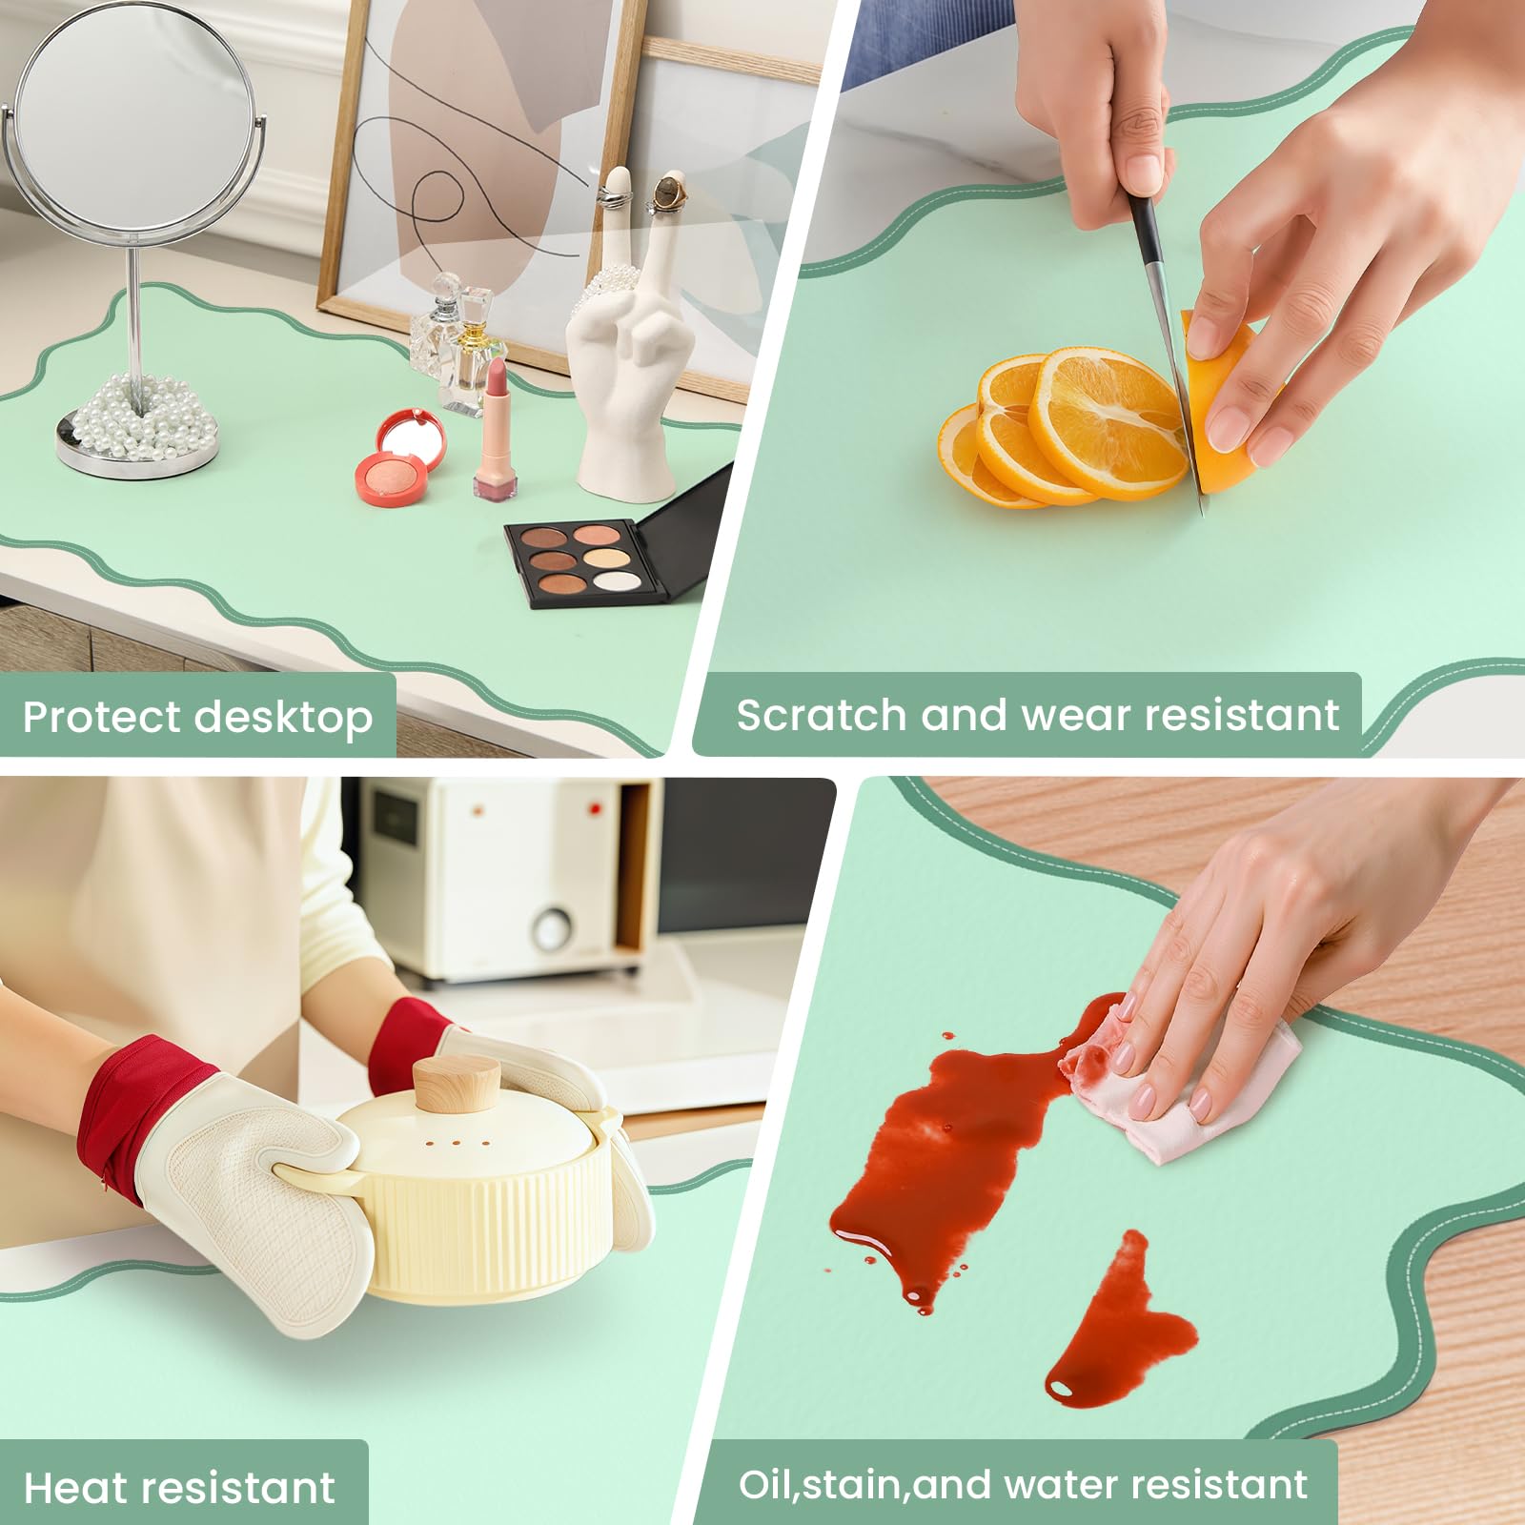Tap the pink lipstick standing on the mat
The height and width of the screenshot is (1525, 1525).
click(x=497, y=430)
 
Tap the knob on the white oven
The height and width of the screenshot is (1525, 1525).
click(x=552, y=925)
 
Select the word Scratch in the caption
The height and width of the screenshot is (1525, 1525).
click(x=821, y=715)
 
